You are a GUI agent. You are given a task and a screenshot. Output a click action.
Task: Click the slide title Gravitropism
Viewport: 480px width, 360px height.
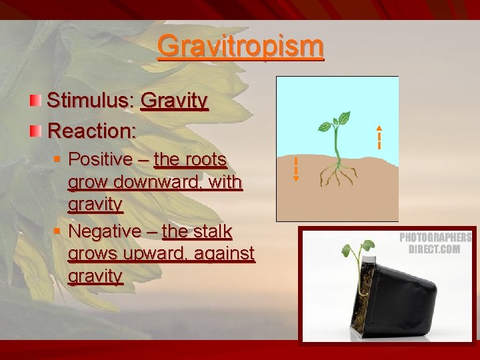pos(241,47)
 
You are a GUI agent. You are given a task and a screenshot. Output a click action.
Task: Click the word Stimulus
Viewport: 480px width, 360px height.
pos(91,101)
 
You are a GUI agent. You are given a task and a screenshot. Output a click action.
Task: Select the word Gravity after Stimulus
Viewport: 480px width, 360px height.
pos(175,101)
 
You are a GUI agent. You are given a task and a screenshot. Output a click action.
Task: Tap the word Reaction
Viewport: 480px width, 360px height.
pos(91,130)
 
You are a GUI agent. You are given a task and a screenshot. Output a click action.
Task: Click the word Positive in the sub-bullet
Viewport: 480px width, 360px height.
pos(101,159)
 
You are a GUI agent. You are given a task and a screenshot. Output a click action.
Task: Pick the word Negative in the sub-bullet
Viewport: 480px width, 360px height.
pos(105,231)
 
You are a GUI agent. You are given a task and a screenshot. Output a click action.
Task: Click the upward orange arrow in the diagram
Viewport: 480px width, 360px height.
pos(379,137)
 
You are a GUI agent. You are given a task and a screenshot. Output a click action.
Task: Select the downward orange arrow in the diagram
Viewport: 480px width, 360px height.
pos(296,169)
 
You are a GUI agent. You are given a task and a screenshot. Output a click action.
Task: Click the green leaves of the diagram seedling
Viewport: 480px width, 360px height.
pos(336,123)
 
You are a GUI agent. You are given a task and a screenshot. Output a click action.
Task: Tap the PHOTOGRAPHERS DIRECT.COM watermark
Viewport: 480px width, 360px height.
pos(435,243)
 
